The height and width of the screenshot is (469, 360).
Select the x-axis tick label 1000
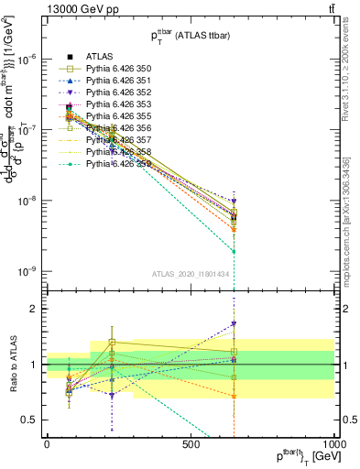(333, 442)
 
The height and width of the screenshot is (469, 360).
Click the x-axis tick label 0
(47, 442)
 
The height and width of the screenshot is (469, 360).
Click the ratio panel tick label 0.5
(27, 420)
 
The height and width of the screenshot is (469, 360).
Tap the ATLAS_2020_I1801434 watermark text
(190, 275)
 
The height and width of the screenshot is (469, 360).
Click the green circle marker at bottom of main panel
(234, 251)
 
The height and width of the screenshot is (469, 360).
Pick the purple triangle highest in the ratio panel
(234, 323)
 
